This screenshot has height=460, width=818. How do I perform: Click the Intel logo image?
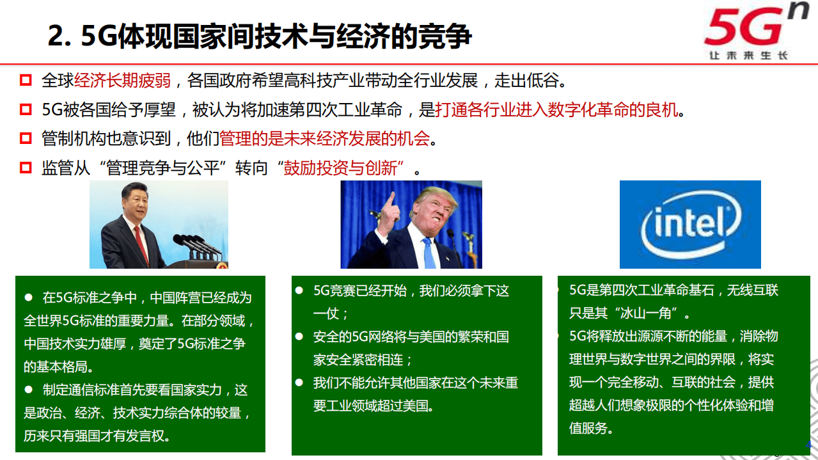click(690, 224)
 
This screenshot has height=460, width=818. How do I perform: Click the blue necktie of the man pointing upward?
click(428, 253)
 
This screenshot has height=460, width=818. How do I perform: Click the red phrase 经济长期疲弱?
click(122, 81)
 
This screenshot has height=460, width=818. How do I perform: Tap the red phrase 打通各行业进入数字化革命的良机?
click(556, 110)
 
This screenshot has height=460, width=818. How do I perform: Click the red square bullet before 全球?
click(26, 81)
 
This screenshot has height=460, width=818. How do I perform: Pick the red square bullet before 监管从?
click(26, 168)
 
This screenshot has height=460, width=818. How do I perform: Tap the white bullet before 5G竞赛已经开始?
click(299, 290)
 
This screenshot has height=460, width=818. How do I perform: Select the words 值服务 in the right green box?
click(588, 427)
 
